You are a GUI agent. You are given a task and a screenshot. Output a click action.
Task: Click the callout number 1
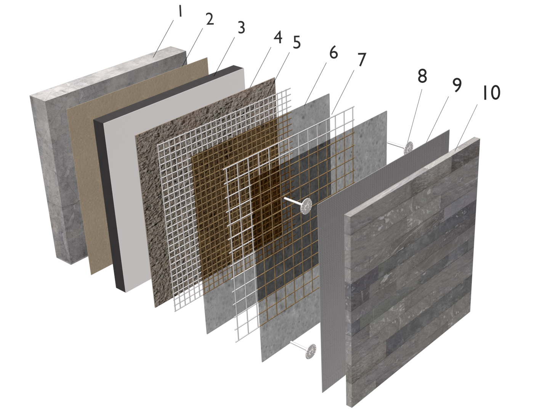point(180,11)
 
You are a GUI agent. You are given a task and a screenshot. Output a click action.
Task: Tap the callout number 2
point(210,19)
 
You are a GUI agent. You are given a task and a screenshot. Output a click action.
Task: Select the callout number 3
point(241,28)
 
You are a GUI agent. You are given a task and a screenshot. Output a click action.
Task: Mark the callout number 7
point(362,60)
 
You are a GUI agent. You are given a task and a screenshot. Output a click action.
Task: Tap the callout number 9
point(457,85)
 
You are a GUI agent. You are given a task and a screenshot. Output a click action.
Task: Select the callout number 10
point(491,93)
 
